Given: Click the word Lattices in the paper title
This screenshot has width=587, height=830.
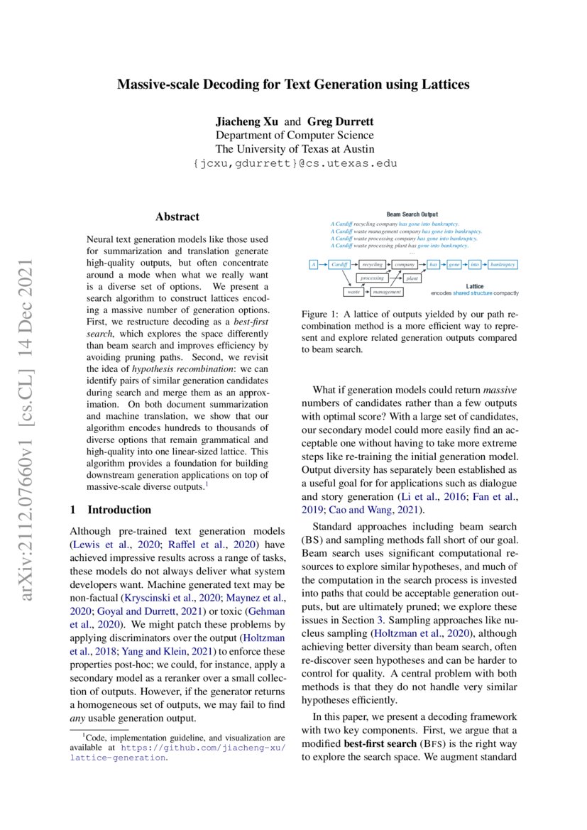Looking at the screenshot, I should [444, 85].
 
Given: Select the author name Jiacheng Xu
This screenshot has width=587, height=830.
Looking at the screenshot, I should [248, 122].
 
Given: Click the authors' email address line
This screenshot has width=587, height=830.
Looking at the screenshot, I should [294, 163].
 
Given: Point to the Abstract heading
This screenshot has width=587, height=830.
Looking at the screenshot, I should [177, 217].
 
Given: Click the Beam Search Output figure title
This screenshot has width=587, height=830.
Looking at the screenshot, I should [412, 214].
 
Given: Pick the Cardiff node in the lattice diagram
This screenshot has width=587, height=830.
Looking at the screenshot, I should [339, 264].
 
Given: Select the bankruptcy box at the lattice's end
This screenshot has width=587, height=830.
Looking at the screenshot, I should [503, 264].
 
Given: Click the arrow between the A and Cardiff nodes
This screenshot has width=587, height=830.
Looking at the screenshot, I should [322, 264].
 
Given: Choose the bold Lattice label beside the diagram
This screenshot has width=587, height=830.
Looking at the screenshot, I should [476, 285].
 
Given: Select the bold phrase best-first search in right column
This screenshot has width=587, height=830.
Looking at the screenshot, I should [383, 743].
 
